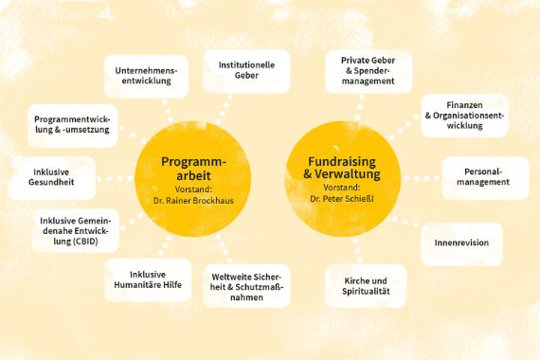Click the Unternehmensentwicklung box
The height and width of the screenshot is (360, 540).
click(147, 76)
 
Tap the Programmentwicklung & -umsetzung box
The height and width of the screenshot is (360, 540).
click(71, 124)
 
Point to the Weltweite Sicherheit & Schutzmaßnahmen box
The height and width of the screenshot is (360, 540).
click(246, 284)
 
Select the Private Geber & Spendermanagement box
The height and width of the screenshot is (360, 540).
click(368, 71)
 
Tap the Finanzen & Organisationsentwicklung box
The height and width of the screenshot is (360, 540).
click(465, 116)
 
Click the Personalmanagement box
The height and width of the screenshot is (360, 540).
click(484, 176)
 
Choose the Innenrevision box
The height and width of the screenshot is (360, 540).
click(461, 243)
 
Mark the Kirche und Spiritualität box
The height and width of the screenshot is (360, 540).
click(365, 286)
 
